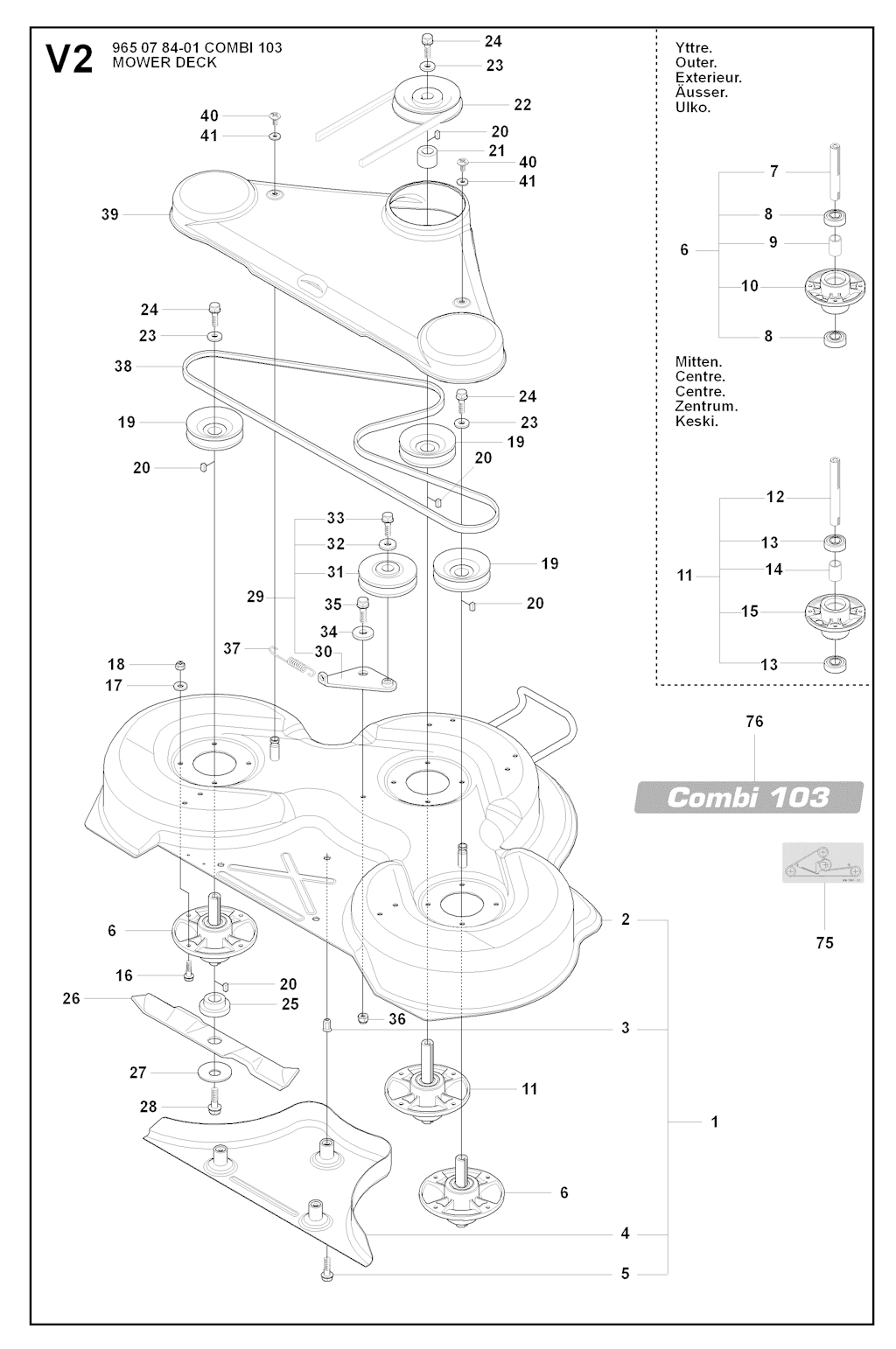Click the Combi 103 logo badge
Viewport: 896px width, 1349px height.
click(x=749, y=797)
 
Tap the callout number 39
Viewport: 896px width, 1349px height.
click(x=109, y=214)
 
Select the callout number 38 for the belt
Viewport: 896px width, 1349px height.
click(x=123, y=367)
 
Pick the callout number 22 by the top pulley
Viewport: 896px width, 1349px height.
click(x=522, y=105)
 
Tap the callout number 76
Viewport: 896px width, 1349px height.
click(x=754, y=722)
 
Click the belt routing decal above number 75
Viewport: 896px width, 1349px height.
click(x=822, y=862)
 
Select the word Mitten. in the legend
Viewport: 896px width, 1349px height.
click(x=698, y=362)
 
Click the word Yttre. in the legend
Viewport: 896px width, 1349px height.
click(x=693, y=47)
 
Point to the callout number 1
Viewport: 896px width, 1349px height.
click(x=715, y=1122)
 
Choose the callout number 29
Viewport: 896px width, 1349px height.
click(x=255, y=597)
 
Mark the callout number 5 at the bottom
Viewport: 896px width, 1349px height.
click(x=625, y=1274)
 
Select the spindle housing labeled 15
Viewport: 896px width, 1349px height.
click(x=834, y=610)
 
